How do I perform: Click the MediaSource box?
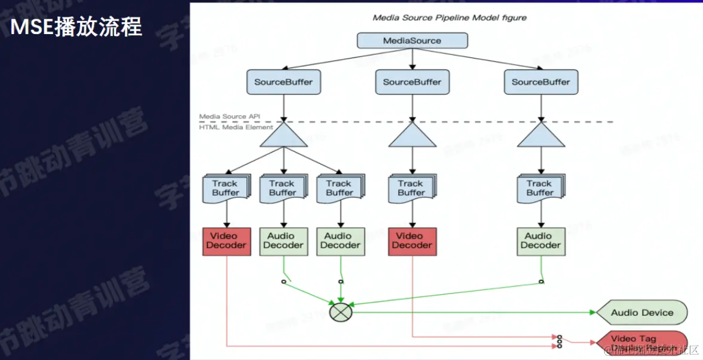(412, 41)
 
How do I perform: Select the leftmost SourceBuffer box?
(283, 82)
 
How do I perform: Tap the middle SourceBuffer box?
(412, 82)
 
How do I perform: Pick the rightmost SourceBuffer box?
(541, 82)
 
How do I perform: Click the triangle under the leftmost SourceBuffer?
(284, 136)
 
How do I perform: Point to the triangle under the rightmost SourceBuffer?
(541, 136)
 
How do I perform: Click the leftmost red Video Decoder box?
(227, 241)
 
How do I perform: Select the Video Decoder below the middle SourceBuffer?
(412, 241)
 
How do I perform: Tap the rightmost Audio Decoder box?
(540, 241)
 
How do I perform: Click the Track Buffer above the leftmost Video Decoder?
(226, 188)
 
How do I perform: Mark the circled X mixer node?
(341, 312)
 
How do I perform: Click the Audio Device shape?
(642, 312)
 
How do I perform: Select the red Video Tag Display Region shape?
(642, 343)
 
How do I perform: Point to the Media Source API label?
(230, 117)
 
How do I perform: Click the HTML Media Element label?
(236, 127)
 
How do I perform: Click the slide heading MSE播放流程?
(76, 27)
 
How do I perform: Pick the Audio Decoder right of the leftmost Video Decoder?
(283, 241)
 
